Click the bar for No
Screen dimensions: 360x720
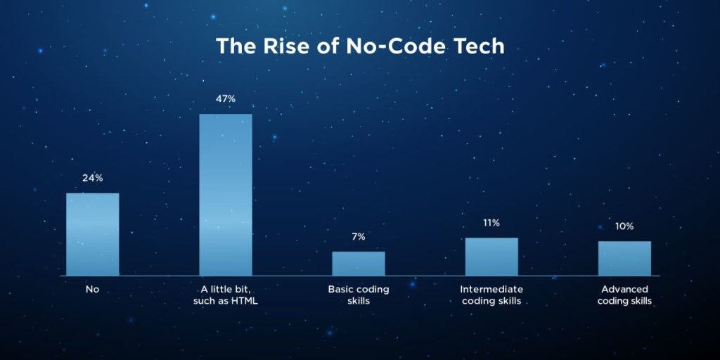pos(92,234)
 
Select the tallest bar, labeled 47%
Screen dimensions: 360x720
pos(225,194)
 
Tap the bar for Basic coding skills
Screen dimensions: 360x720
pos(359,263)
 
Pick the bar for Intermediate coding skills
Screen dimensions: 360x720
pos(491,256)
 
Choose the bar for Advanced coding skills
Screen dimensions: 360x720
pos(624,258)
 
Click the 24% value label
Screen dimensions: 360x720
pos(92,178)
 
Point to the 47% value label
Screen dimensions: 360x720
pos(225,99)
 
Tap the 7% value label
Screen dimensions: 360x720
pos(359,237)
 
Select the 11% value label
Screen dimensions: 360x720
pos(491,223)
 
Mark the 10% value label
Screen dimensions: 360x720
pos(624,226)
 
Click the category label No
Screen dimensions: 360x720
pos(92,289)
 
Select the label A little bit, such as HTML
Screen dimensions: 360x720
pos(225,295)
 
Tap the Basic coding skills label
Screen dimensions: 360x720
pos(359,295)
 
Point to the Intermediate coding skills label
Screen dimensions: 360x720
pos(491,295)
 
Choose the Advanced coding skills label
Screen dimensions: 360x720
pos(624,295)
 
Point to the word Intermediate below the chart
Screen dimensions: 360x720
pos(491,289)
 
